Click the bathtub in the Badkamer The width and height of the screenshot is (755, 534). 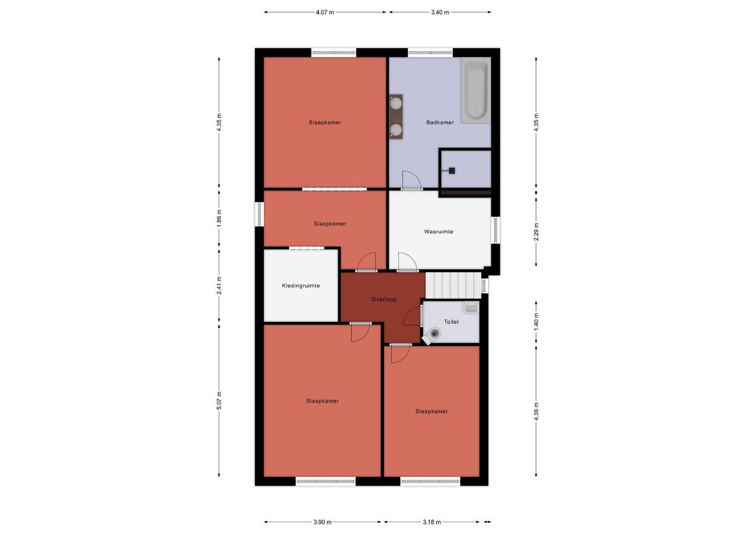point(476,90)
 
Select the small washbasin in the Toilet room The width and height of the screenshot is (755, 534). point(471,308)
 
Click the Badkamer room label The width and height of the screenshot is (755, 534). point(440,123)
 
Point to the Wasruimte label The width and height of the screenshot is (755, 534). point(439,231)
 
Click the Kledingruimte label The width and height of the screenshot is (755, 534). point(301,286)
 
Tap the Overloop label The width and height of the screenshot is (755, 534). point(384,299)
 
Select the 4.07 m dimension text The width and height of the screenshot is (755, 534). point(325,12)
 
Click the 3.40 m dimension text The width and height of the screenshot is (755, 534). point(440,12)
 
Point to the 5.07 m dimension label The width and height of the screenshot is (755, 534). point(219,400)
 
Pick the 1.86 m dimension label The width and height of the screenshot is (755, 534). point(219,219)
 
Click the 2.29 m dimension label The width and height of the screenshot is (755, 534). point(536,232)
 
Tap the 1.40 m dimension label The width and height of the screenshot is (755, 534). point(536,321)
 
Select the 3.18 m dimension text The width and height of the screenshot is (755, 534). point(432,522)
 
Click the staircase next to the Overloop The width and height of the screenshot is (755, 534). point(453,285)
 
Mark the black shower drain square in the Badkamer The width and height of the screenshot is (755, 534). point(452,171)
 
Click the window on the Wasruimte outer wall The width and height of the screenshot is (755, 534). point(495,230)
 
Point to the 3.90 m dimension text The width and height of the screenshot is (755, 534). point(322,522)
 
